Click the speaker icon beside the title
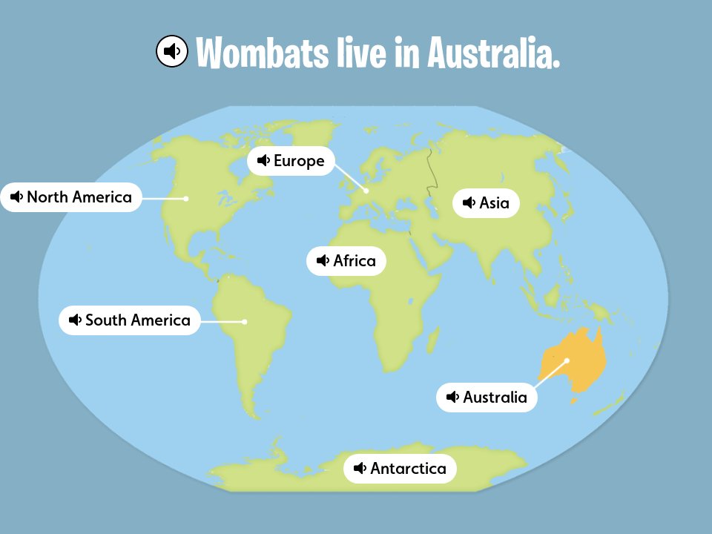pyautogui.click(x=172, y=51)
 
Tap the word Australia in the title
pyautogui.click(x=492, y=53)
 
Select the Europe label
pyautogui.click(x=291, y=161)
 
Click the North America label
pyautogui.click(x=70, y=197)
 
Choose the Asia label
pyautogui.click(x=486, y=203)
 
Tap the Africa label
pyautogui.click(x=346, y=261)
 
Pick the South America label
pyautogui.click(x=130, y=320)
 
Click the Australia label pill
pyautogui.click(x=487, y=398)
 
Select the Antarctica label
pyautogui.click(x=400, y=469)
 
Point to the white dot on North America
pyautogui.click(x=186, y=198)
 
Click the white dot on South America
pyautogui.click(x=244, y=321)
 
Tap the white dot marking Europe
pyautogui.click(x=366, y=191)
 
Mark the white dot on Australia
pyautogui.click(x=567, y=360)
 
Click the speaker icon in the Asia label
pyautogui.click(x=469, y=203)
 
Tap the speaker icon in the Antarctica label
pyautogui.click(x=360, y=469)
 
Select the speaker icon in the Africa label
pyautogui.click(x=323, y=261)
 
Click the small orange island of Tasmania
pyautogui.click(x=573, y=401)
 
